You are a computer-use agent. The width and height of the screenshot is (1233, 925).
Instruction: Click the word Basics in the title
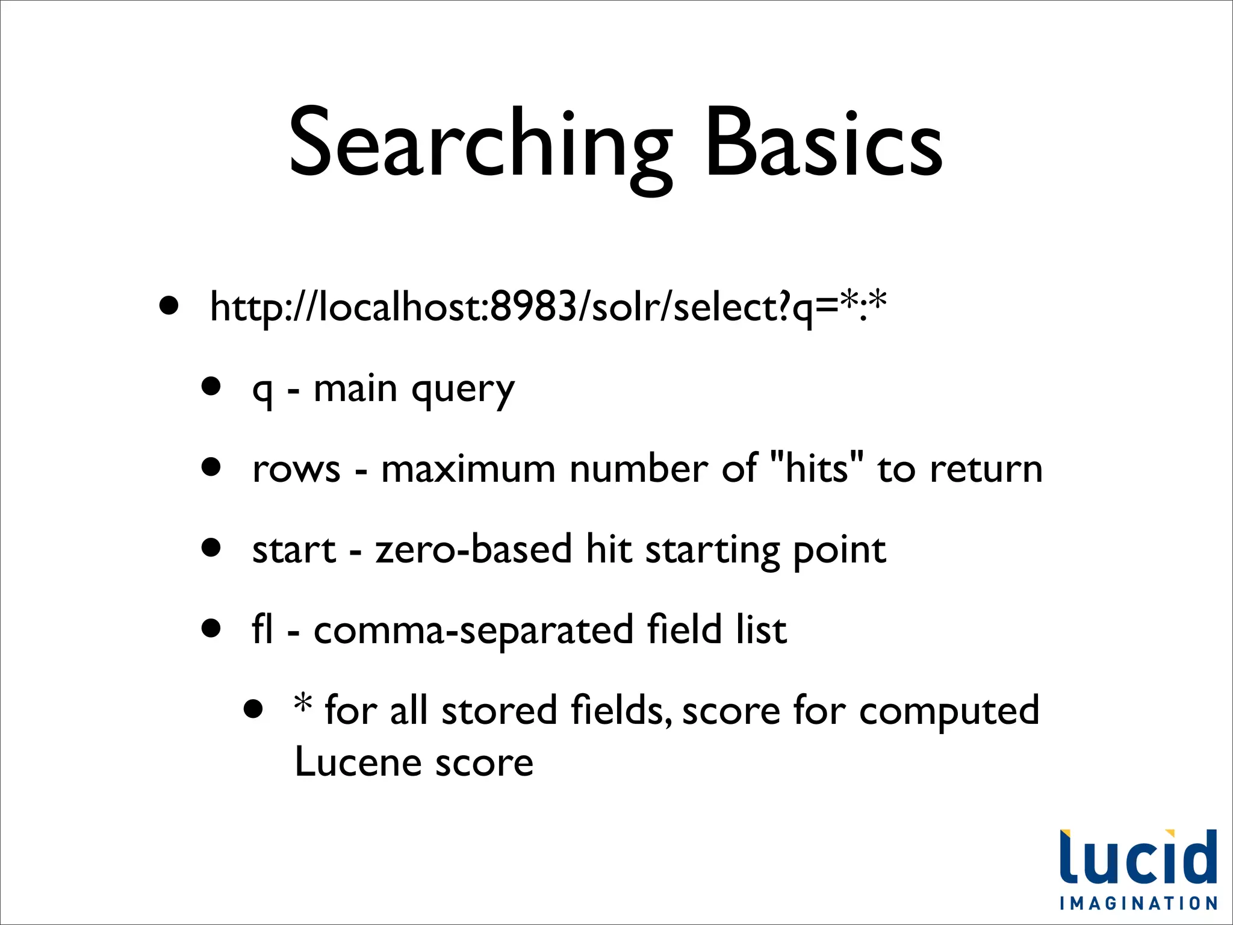coord(823,145)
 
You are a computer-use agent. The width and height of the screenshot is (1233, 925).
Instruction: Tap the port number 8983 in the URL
coord(533,307)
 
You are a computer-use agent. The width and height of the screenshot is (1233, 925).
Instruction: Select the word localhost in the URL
coord(403,307)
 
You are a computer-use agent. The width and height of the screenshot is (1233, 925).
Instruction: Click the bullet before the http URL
coord(169,305)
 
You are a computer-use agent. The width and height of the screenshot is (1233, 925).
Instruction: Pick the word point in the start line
coord(839,551)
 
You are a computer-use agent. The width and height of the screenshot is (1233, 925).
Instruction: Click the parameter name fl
coord(262,629)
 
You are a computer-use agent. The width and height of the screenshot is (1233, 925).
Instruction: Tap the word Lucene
coord(358,762)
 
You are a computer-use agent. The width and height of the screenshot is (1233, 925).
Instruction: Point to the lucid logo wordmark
coord(1138,858)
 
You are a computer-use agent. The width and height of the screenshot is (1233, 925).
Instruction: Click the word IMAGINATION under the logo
coord(1138,903)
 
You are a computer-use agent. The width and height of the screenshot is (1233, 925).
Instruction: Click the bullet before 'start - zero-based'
coord(211,547)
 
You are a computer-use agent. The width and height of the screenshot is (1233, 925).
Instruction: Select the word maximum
coord(468,470)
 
